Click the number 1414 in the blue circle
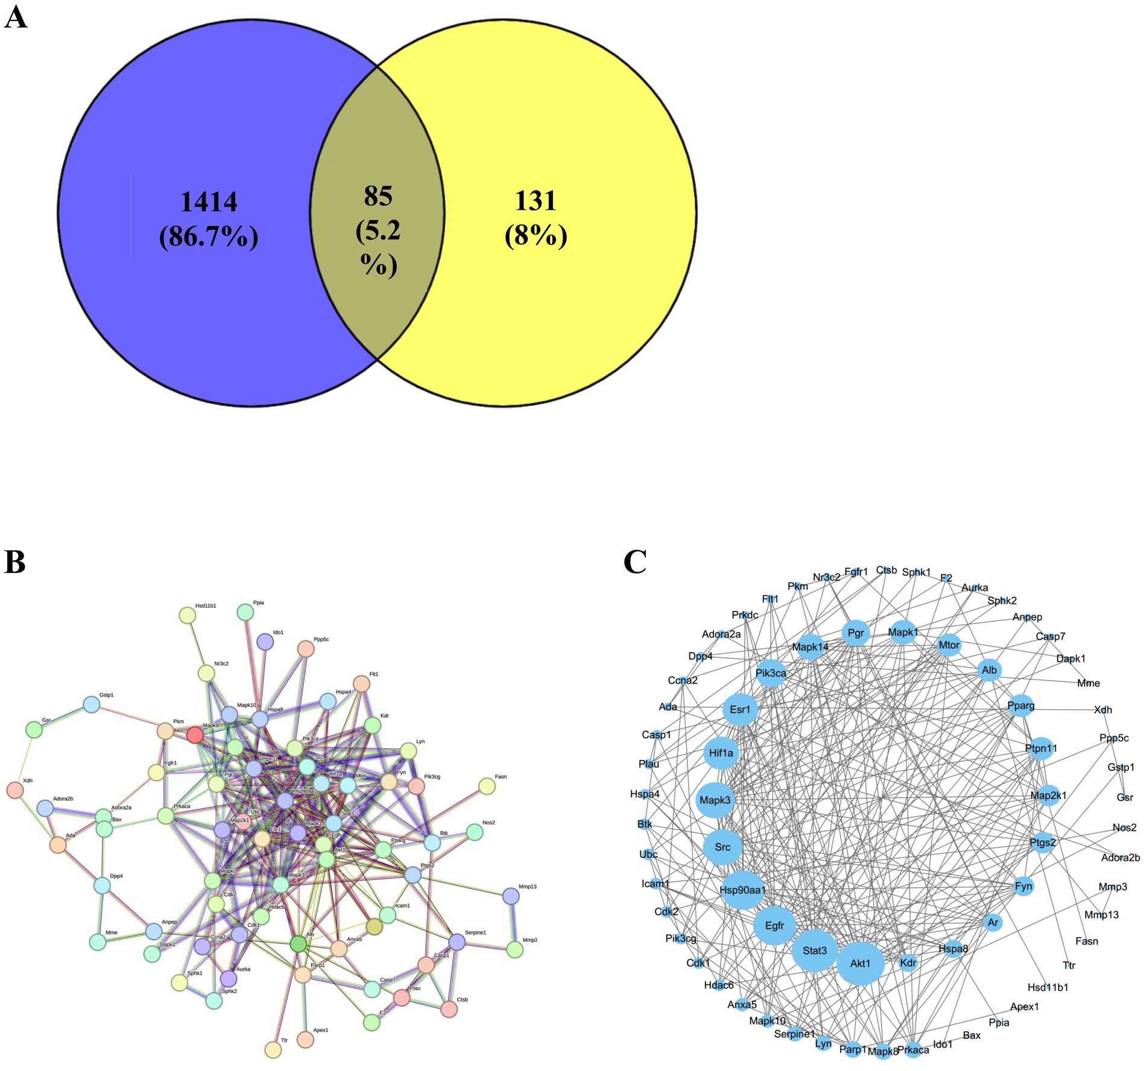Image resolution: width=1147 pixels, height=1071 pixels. (x=209, y=202)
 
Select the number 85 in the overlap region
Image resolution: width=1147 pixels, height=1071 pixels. (x=378, y=196)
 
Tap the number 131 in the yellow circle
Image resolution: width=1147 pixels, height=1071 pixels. (x=536, y=201)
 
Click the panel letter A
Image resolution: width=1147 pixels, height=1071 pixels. (x=16, y=17)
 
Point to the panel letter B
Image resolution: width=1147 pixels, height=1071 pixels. (x=14, y=562)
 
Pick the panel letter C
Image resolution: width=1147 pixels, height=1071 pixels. (x=635, y=562)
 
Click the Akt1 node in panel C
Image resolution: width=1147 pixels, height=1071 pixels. (x=861, y=963)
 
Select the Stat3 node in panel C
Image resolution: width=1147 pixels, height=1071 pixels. (x=815, y=950)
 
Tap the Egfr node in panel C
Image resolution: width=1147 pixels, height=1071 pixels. (x=774, y=925)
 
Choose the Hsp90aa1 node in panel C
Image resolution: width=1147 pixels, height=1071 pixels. (x=743, y=889)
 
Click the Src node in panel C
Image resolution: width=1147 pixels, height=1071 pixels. (x=722, y=847)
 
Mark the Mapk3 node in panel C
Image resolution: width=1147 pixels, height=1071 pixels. (x=715, y=800)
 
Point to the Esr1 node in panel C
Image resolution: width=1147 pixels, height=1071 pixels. (x=740, y=709)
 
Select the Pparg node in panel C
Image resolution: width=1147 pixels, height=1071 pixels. (x=1021, y=706)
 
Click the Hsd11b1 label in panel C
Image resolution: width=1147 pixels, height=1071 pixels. (x=1047, y=987)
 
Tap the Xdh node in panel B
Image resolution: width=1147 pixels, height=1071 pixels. (x=14, y=790)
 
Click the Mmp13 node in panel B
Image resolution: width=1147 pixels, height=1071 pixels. (x=511, y=896)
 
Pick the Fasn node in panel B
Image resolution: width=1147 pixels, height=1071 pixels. (x=487, y=786)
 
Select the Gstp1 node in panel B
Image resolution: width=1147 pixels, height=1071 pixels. (x=91, y=704)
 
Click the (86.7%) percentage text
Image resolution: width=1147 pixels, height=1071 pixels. (x=209, y=237)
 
